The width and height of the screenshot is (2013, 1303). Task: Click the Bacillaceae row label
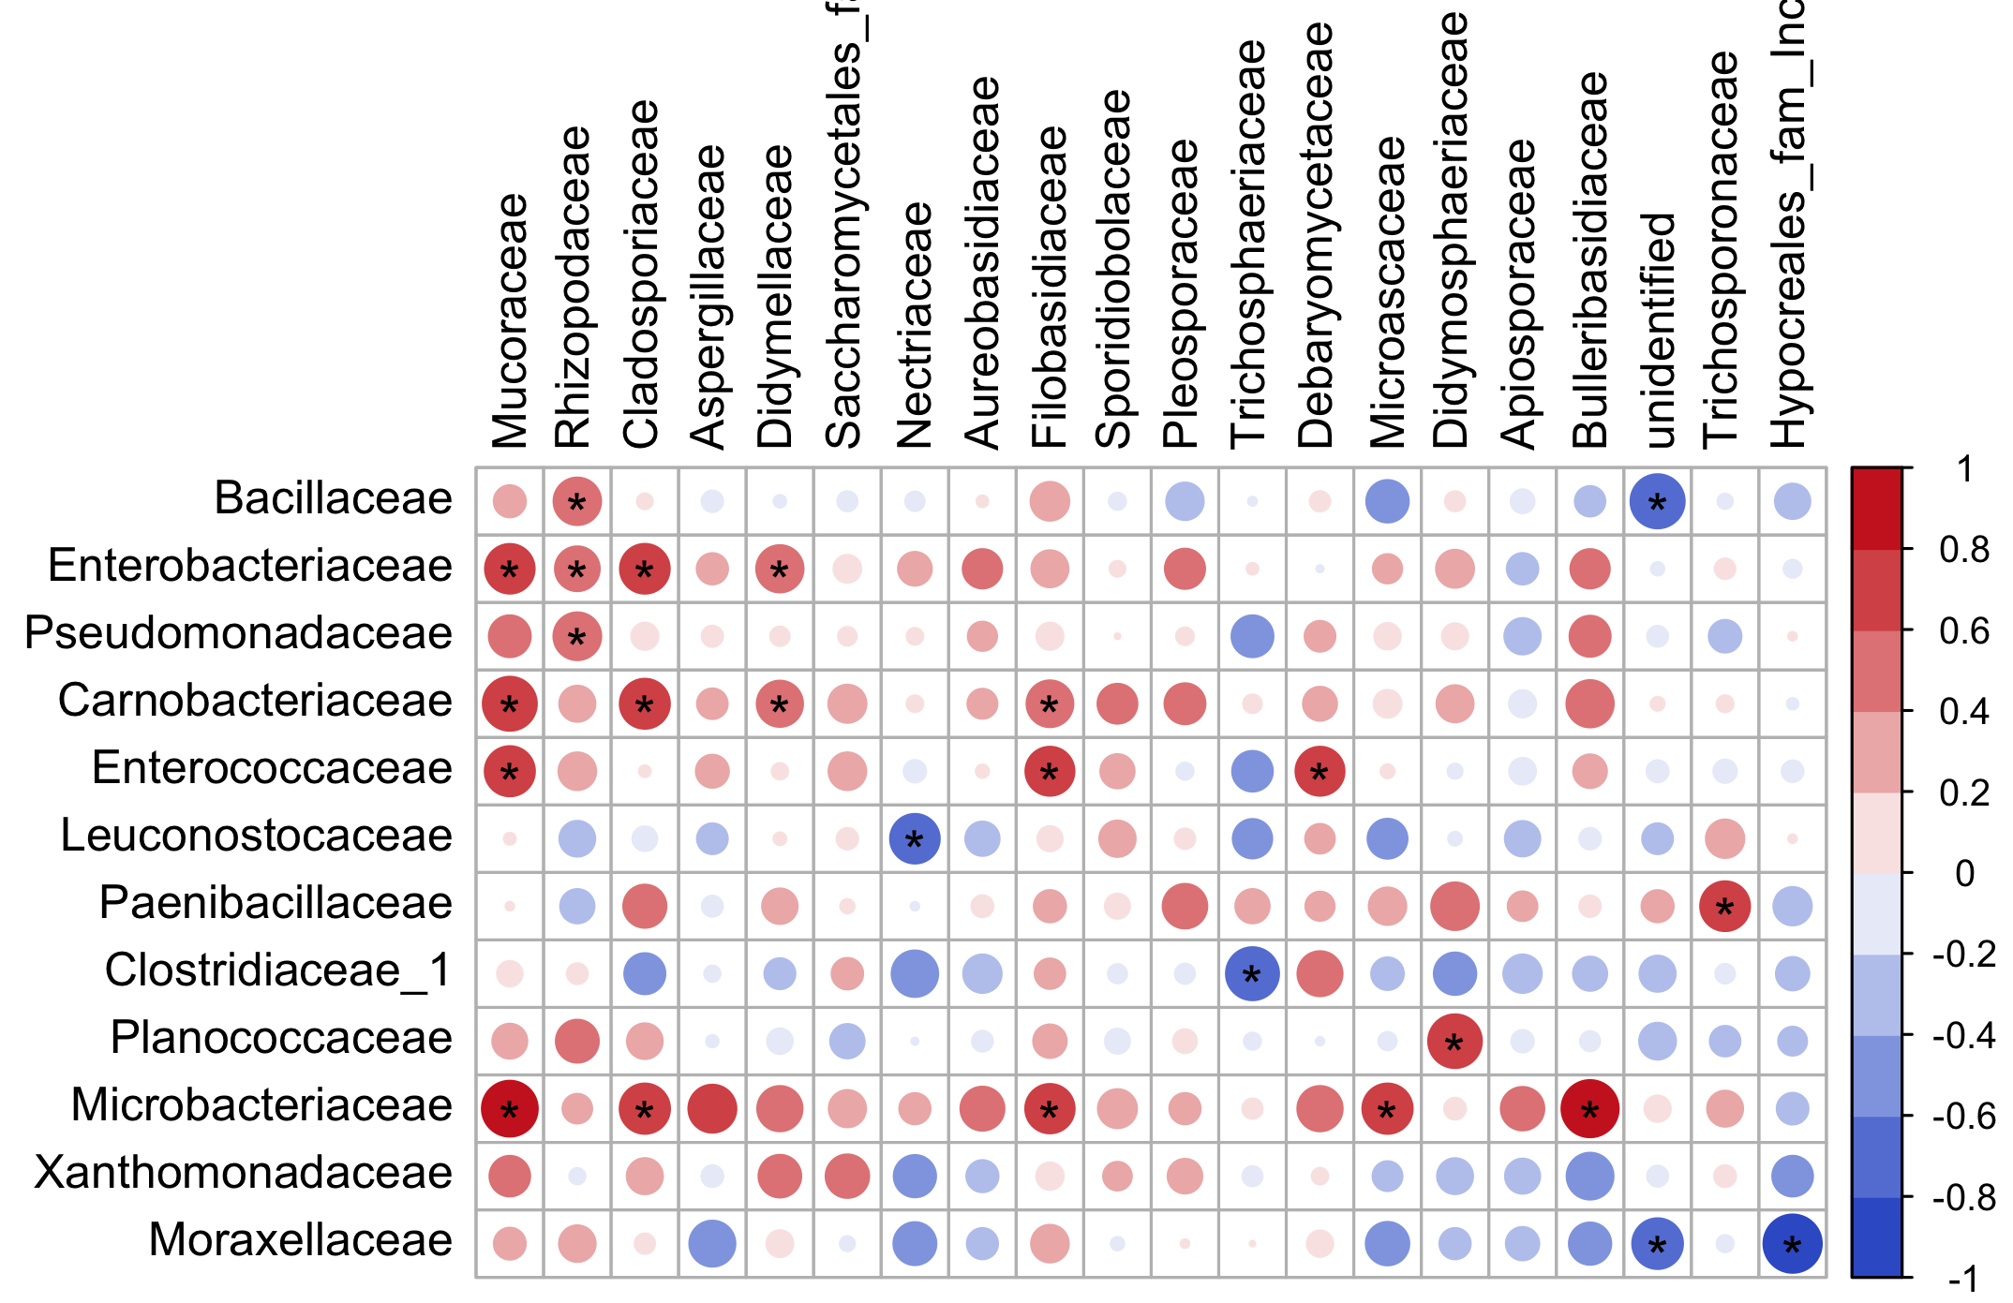pos(333,498)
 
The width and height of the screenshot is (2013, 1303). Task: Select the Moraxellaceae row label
pos(300,1240)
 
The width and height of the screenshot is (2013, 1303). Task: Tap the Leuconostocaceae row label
pos(256,836)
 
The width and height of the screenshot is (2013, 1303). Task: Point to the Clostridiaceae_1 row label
pos(278,970)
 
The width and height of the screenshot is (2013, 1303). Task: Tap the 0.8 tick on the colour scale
pos(1964,550)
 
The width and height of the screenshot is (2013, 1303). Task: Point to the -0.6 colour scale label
pos(1962,1117)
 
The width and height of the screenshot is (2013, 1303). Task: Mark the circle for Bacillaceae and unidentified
pos(1657,501)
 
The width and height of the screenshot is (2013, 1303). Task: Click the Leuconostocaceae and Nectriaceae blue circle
pos(915,838)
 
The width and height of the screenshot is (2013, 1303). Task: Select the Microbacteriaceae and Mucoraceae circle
pos(510,1109)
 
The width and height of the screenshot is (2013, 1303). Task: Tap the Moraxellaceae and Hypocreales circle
pos(1792,1244)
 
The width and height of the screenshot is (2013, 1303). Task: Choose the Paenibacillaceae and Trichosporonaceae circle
pos(1724,906)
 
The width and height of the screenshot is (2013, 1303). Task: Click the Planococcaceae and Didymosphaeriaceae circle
pos(1454,1041)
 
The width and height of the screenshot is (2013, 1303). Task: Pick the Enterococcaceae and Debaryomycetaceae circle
pos(1320,771)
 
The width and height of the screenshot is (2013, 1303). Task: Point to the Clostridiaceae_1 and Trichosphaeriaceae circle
pos(1252,973)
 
